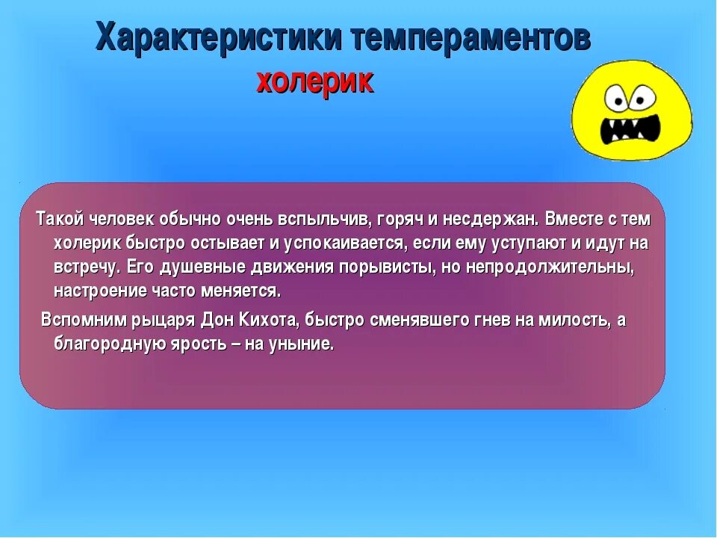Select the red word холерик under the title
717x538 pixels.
coord(314,81)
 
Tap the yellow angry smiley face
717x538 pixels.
coord(632,111)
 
